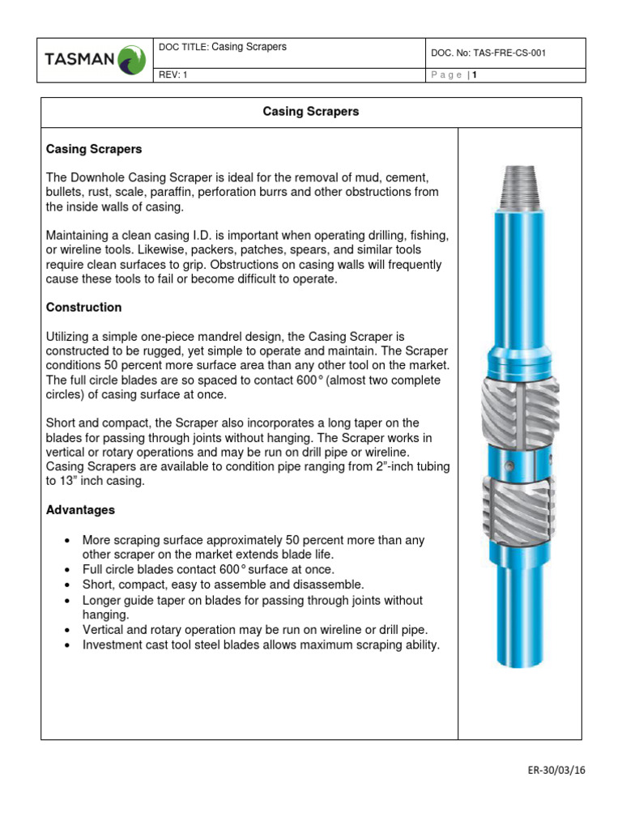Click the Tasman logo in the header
coord(96,59)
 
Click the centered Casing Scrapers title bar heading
coord(311,112)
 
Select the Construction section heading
coord(84,308)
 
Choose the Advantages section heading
coord(80,510)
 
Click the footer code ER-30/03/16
coord(555,770)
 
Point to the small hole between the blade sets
coord(510,465)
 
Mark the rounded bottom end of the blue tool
coord(518,659)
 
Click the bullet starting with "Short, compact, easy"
coord(224,585)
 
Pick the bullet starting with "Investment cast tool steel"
coord(261,645)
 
